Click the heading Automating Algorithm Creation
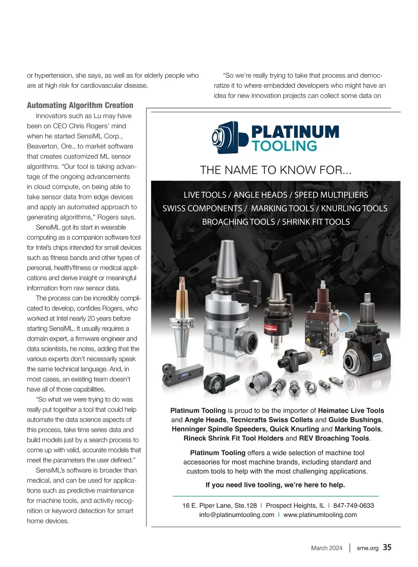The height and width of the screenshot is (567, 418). tap(80, 105)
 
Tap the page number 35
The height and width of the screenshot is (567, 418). tap(387, 547)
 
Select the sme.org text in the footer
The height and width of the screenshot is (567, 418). tap(367, 548)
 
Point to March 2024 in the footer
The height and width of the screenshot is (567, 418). tap(327, 548)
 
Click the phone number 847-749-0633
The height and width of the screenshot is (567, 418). tap(354, 506)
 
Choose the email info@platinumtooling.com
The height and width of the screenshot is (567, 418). tap(237, 515)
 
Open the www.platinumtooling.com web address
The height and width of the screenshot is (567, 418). tap(320, 515)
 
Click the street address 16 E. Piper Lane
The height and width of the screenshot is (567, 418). tap(219, 506)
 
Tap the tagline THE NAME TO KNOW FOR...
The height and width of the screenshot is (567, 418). tap(276, 170)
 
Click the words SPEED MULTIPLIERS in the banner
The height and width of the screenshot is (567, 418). tap(331, 195)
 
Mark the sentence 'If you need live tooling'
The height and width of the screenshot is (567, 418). tap(275, 485)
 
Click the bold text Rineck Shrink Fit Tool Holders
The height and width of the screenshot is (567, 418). tap(233, 438)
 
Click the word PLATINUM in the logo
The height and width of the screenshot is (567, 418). tap(295, 132)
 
